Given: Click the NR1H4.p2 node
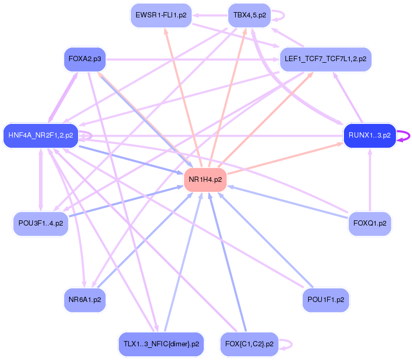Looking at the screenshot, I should click(205, 180).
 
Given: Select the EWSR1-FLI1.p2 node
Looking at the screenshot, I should click(161, 15).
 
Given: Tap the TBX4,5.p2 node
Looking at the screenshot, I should click(249, 15).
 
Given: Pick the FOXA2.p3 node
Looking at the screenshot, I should click(84, 59).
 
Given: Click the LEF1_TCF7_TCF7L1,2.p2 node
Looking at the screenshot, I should click(325, 59).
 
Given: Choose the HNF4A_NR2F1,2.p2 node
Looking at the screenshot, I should click(41, 135).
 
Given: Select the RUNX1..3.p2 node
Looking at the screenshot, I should click(369, 135).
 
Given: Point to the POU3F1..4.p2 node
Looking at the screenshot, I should click(41, 223).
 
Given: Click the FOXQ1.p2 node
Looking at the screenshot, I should click(370, 223).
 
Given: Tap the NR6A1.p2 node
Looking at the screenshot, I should click(84, 299).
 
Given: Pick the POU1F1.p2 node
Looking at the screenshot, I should click(325, 299).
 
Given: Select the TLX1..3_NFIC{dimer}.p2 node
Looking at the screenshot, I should click(161, 344).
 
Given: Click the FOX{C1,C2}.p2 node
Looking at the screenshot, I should click(249, 344).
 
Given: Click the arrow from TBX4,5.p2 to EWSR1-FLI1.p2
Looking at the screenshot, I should click(210, 15).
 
